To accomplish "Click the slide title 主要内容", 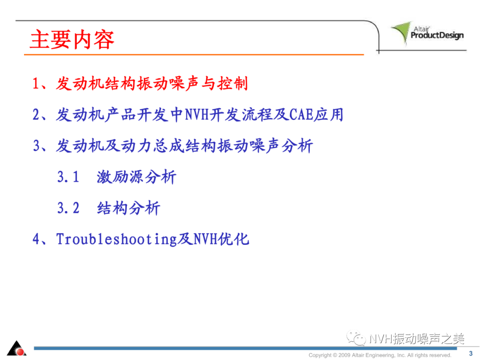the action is (72, 40).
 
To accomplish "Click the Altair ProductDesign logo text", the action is (437, 33).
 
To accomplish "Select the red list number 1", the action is (36, 84).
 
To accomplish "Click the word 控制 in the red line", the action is (232, 84).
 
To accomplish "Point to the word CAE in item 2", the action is (301, 115).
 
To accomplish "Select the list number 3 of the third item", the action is (36, 146).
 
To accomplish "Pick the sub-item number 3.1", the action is (68, 177).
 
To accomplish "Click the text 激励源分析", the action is (136, 177).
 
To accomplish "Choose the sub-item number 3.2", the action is (68, 208).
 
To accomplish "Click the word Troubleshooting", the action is (116, 239).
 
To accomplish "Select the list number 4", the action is (36, 239).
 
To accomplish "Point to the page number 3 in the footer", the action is (471, 353).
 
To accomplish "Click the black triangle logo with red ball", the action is (16, 348).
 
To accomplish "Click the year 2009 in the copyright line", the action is (344, 355).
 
